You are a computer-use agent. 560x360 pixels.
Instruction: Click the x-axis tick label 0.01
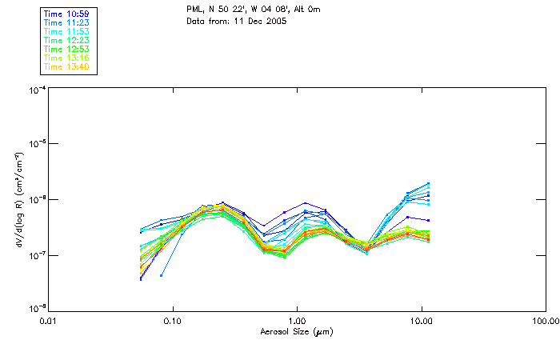click(x=48, y=322)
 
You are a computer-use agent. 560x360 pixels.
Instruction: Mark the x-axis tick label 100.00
click(x=546, y=322)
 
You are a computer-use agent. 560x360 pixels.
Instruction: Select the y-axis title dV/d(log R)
click(x=18, y=200)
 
